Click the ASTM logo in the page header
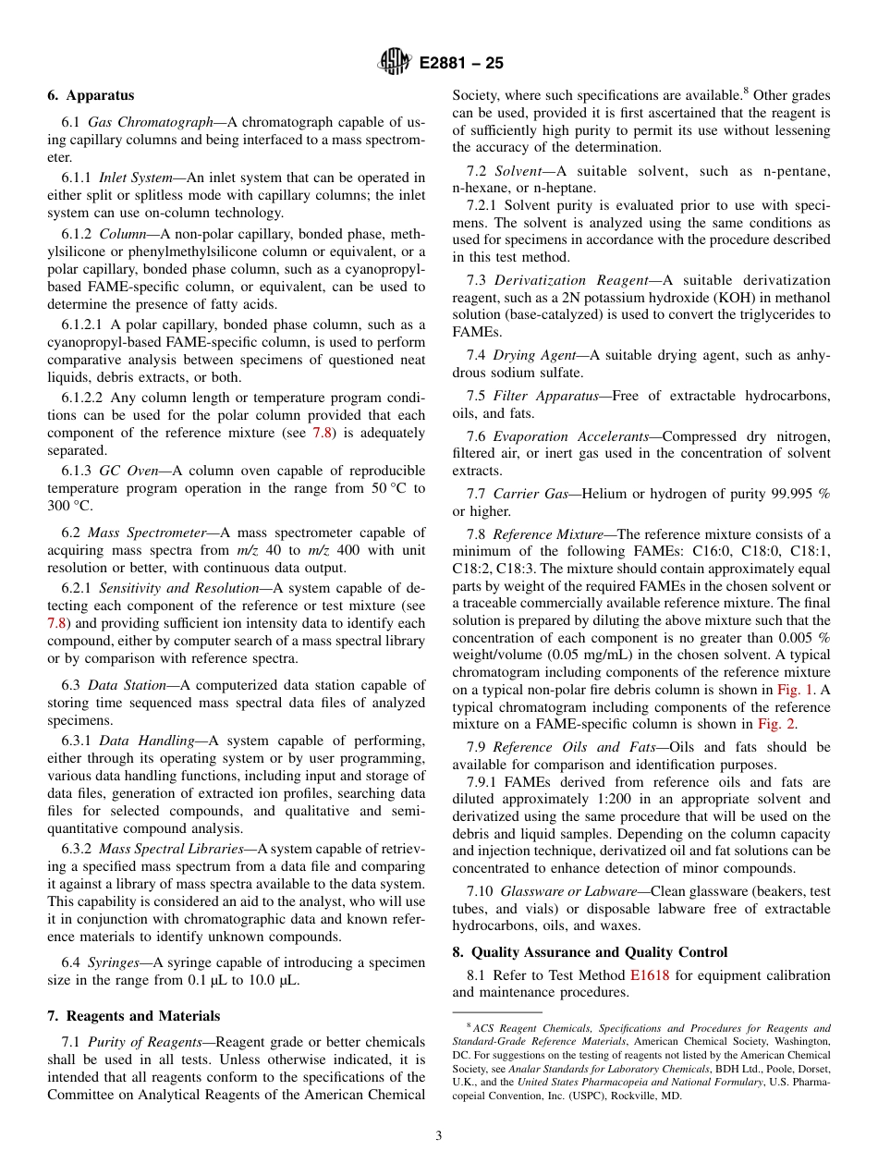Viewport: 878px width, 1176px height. point(395,63)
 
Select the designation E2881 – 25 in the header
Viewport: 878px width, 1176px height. point(461,64)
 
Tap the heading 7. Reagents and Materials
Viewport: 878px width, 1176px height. point(134,1016)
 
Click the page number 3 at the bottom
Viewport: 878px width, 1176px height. point(439,1135)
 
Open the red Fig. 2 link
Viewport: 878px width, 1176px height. point(776,725)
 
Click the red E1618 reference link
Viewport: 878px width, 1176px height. point(650,975)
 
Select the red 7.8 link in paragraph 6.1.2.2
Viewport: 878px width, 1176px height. point(323,433)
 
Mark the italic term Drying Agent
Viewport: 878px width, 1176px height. point(536,355)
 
